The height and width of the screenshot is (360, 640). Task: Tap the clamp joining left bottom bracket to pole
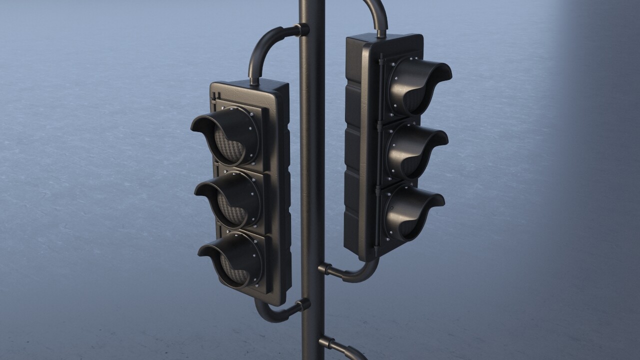[x=303, y=304]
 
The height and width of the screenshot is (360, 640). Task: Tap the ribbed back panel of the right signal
[x=353, y=150]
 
